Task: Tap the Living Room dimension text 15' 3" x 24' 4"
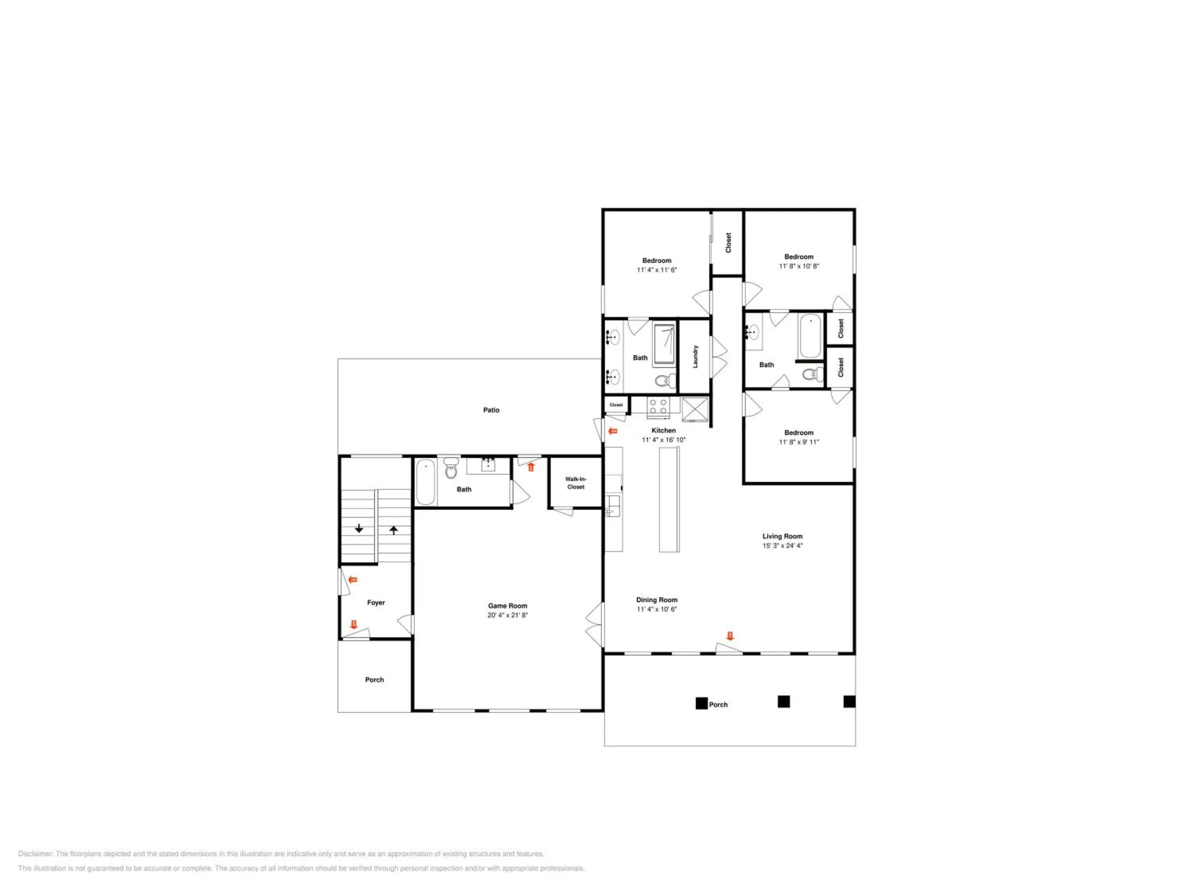[782, 546]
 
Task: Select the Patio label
[491, 410]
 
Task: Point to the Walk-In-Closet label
[576, 483]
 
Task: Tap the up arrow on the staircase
[394, 530]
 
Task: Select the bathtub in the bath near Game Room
[426, 482]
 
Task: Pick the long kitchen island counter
[669, 500]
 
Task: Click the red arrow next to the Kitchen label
[613, 431]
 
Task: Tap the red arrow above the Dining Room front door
[730, 636]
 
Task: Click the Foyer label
[376, 603]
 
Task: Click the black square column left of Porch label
[701, 703]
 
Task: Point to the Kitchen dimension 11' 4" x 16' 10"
[663, 440]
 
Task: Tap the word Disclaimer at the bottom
[36, 854]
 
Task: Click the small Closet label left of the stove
[616, 405]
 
